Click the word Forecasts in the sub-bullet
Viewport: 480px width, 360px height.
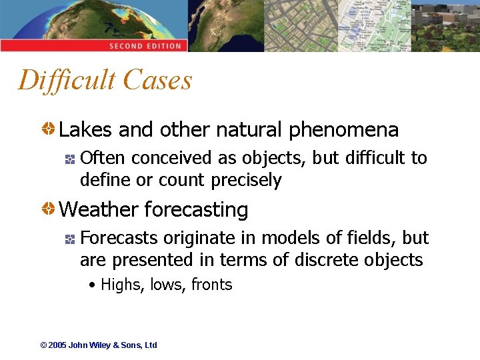point(119,238)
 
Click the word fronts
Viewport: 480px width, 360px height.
point(211,285)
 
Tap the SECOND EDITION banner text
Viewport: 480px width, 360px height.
point(145,46)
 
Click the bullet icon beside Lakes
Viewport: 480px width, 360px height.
point(49,129)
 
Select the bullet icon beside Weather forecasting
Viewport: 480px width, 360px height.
point(49,209)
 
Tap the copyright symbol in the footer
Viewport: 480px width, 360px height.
point(43,345)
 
